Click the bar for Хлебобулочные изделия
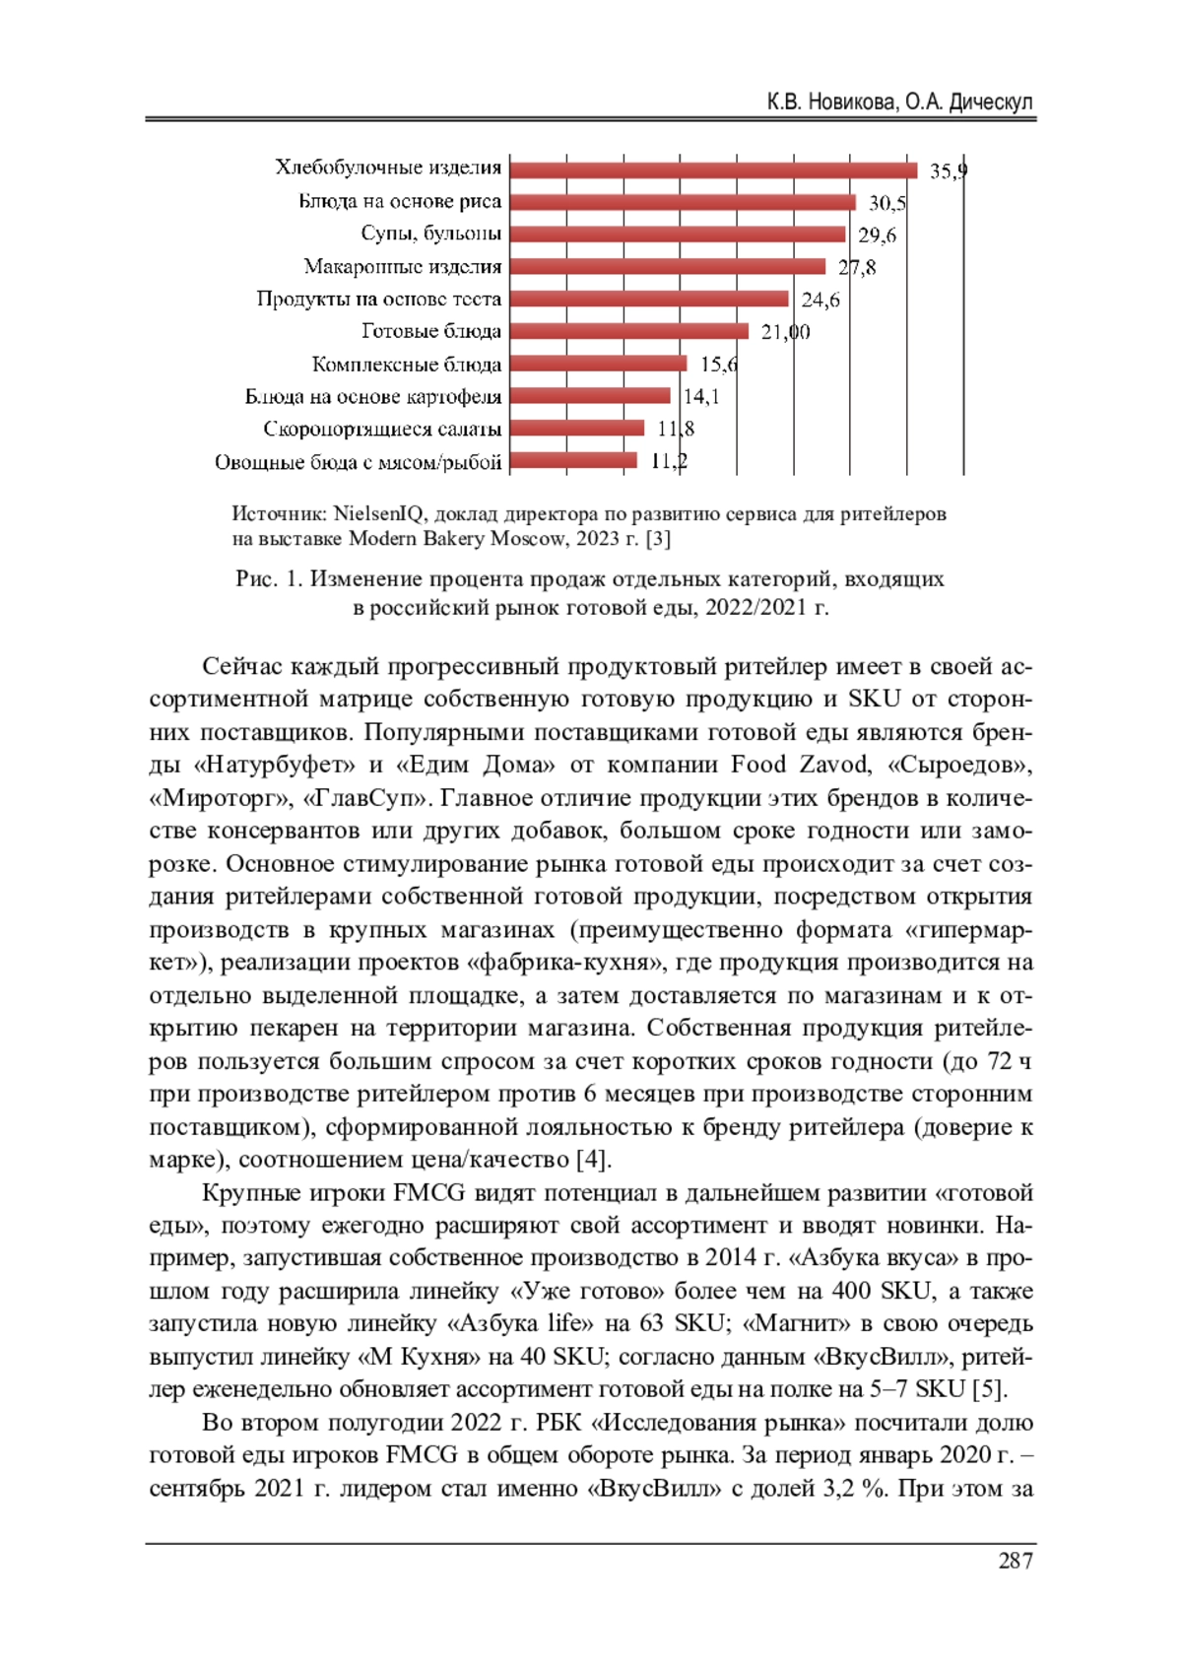(x=713, y=169)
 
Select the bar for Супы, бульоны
(x=678, y=234)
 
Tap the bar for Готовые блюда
(x=629, y=331)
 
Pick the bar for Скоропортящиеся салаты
(x=577, y=428)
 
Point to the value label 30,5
(x=886, y=204)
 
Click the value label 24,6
(x=820, y=300)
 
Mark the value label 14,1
(x=701, y=396)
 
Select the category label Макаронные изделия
(x=403, y=267)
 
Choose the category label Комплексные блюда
(x=407, y=365)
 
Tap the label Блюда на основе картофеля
(x=373, y=397)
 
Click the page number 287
(x=1015, y=1560)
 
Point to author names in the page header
(x=899, y=102)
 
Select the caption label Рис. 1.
(x=268, y=578)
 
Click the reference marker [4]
(x=593, y=1159)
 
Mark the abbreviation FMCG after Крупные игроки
(x=428, y=1192)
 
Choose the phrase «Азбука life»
(x=518, y=1323)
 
